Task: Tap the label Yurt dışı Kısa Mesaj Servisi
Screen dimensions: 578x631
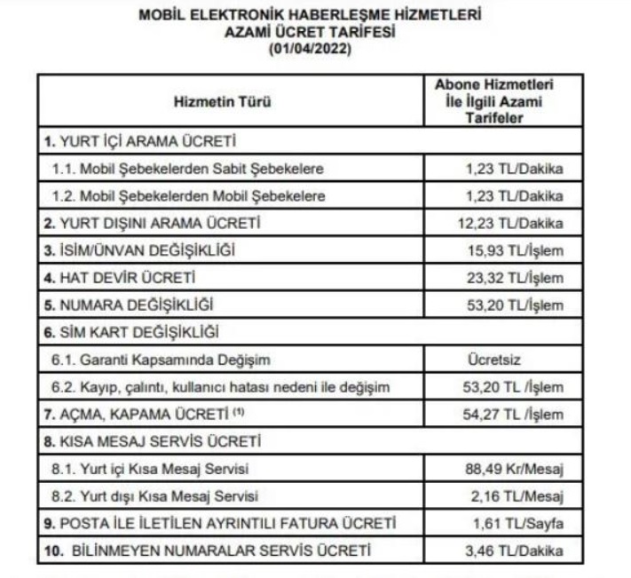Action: (x=161, y=495)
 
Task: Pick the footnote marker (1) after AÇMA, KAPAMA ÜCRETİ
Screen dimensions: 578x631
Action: (x=238, y=411)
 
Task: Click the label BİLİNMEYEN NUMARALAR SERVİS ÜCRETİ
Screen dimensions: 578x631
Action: (x=212, y=551)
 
